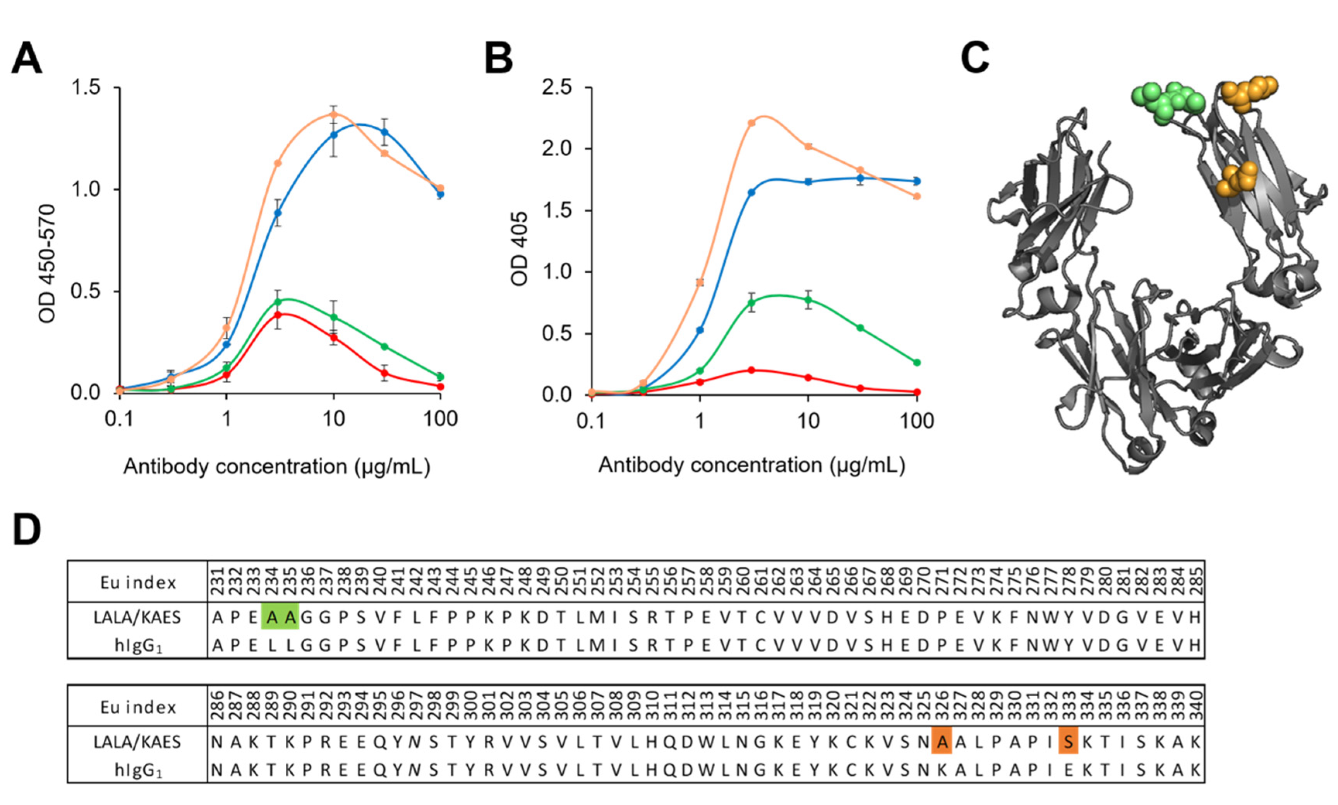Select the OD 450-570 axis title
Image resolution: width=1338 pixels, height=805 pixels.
[48, 264]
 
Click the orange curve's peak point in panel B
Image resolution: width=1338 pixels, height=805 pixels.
[752, 123]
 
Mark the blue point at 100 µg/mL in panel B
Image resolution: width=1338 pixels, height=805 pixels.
[917, 181]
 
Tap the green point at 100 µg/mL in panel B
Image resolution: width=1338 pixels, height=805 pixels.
[917, 362]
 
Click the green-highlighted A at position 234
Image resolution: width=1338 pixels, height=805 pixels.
[271, 617]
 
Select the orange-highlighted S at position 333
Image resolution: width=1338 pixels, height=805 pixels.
[1068, 742]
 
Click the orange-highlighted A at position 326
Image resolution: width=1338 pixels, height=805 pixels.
[942, 742]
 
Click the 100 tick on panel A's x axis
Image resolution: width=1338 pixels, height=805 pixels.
[441, 419]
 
